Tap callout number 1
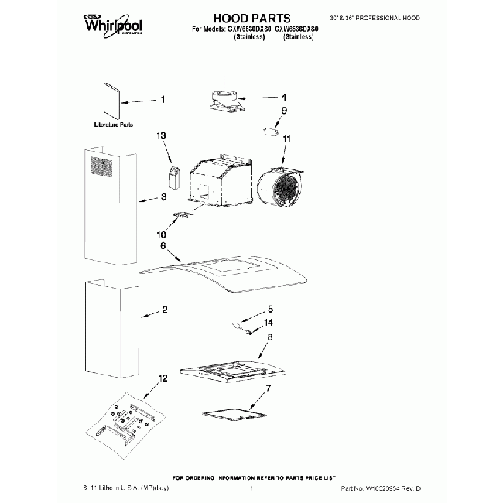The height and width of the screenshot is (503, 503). coord(163,99)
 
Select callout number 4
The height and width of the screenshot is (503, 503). coord(284,98)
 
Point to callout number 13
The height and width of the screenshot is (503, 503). coord(162,135)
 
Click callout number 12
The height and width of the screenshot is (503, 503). coord(163,379)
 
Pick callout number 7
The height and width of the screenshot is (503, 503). coord(269,388)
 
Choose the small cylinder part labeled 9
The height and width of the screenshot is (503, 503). coord(271,128)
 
